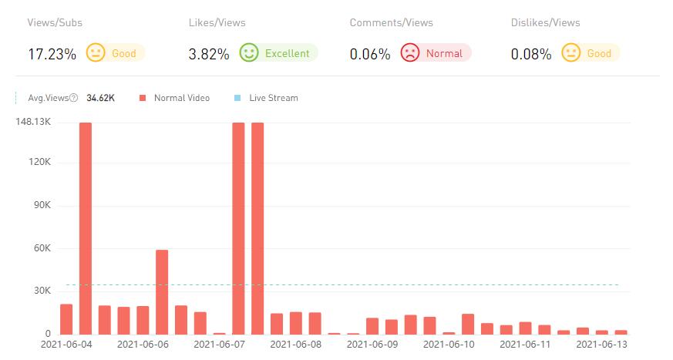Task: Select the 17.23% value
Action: pyautogui.click(x=52, y=54)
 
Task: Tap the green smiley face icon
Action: pyautogui.click(x=248, y=53)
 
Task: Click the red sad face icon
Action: pyautogui.click(x=409, y=53)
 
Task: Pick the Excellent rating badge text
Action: pyautogui.click(x=287, y=54)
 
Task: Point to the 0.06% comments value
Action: pyautogui.click(x=370, y=54)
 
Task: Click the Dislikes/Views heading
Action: pyautogui.click(x=545, y=22)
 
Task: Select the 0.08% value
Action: pyautogui.click(x=531, y=54)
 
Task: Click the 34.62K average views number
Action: pyautogui.click(x=101, y=98)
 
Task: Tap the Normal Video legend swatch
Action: pyautogui.click(x=143, y=98)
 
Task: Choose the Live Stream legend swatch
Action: pyautogui.click(x=237, y=98)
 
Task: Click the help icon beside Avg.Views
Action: pyautogui.click(x=74, y=98)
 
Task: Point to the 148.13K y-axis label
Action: pyautogui.click(x=33, y=122)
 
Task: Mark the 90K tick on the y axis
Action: pyautogui.click(x=40, y=206)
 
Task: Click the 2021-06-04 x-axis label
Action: pyautogui.click(x=66, y=345)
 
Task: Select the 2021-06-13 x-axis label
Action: pyautogui.click(x=602, y=345)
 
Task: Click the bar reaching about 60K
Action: pyautogui.click(x=162, y=291)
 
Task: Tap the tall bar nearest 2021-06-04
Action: pyautogui.click(x=86, y=227)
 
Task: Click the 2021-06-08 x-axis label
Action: pyautogui.click(x=295, y=345)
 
